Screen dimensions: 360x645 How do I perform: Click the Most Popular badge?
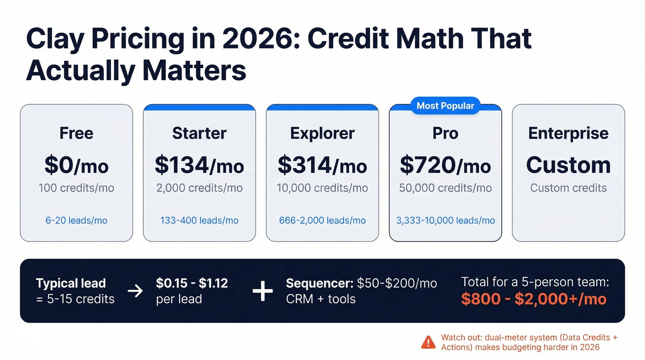click(445, 106)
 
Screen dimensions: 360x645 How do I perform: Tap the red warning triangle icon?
click(428, 342)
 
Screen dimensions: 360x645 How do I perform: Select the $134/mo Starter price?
click(199, 165)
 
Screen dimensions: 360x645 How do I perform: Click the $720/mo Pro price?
click(445, 165)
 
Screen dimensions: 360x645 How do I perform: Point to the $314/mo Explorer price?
click(322, 165)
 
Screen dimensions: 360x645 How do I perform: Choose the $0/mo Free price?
click(76, 165)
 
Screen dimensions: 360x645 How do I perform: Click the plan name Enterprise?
click(568, 133)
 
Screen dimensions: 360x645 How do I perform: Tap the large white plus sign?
click(263, 291)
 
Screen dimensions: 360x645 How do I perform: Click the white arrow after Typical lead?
click(135, 291)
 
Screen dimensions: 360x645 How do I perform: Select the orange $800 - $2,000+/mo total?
click(534, 299)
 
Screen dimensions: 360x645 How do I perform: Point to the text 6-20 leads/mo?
click(76, 220)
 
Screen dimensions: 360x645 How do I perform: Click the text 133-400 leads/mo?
click(199, 220)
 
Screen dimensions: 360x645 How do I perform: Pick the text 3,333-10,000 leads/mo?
click(445, 220)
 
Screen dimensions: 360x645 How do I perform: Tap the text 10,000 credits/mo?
click(322, 188)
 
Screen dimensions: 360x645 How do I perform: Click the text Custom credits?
click(568, 188)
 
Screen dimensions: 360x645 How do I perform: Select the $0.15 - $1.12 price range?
click(192, 283)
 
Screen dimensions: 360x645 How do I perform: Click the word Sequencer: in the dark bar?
click(319, 283)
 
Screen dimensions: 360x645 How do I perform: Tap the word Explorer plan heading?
click(322, 133)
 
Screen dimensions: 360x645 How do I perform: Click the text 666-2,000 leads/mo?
click(322, 220)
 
